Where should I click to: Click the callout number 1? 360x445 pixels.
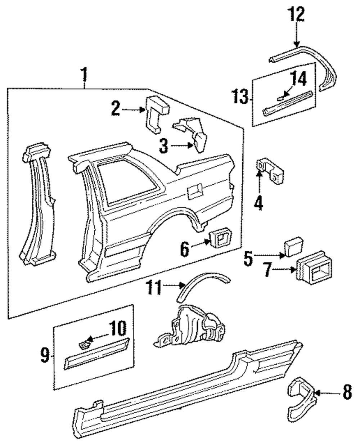85,75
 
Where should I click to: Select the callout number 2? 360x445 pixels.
116,108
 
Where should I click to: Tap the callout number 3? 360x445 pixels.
163,146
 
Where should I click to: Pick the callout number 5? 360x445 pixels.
248,259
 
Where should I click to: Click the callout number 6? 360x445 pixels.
185,249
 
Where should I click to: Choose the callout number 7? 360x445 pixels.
269,270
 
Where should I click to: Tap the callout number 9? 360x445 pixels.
45,355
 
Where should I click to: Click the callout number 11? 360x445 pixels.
154,287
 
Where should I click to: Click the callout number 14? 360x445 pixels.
298,78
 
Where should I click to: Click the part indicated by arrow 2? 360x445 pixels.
157,114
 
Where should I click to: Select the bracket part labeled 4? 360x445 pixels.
270,171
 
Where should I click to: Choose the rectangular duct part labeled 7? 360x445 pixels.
314,268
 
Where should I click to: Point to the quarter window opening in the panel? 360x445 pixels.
127,182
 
